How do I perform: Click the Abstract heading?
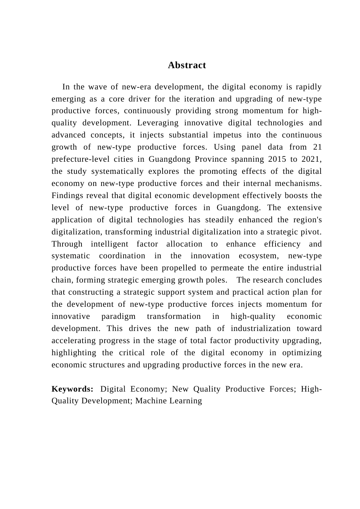[187, 65]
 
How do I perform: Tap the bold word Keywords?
[72, 389]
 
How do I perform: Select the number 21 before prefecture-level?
[317, 147]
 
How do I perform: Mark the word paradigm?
[118, 316]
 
